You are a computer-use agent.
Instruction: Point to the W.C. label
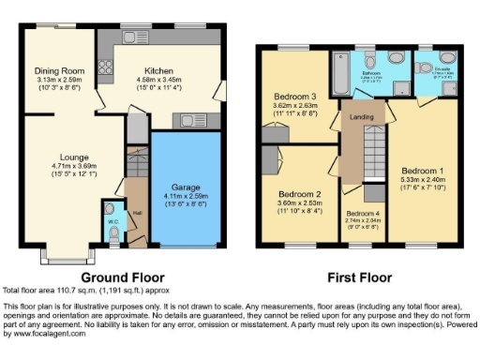point(112,221)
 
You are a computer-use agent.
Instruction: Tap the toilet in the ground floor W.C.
point(112,208)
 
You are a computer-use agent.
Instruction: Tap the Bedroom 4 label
point(363,215)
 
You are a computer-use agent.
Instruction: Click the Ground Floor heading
point(123,277)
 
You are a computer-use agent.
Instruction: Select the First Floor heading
point(358,277)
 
